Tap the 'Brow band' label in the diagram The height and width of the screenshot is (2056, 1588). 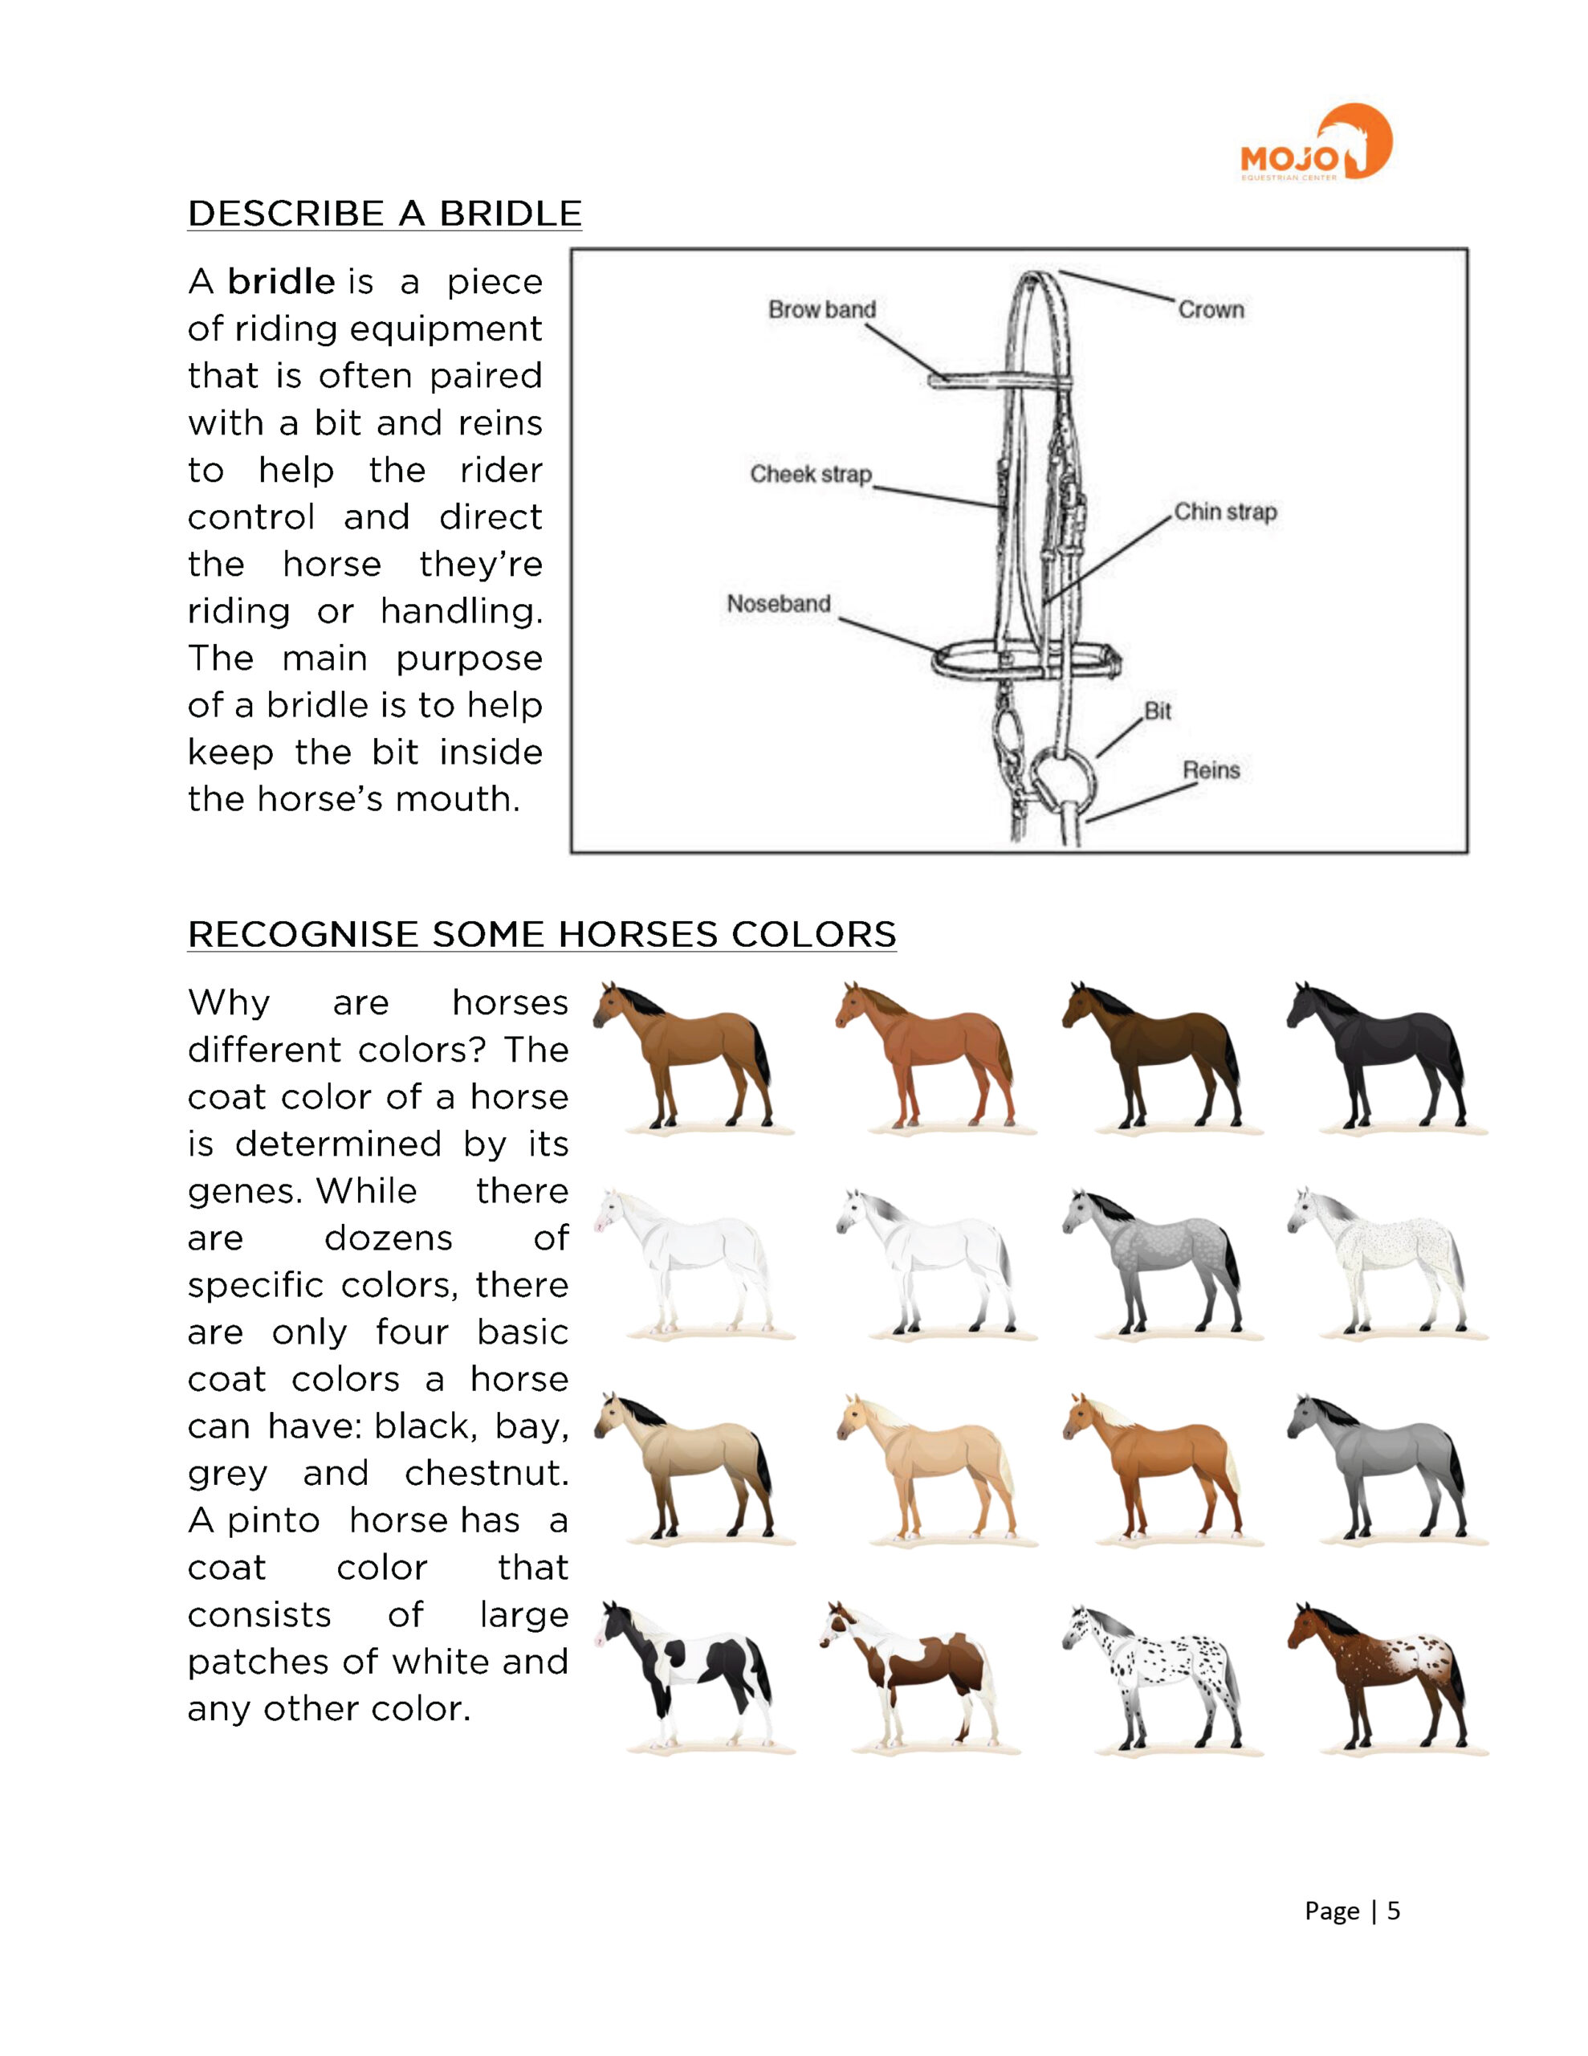[x=822, y=310]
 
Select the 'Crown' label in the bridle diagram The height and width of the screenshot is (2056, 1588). [x=1211, y=310]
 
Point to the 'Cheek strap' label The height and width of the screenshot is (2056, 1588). [x=811, y=474]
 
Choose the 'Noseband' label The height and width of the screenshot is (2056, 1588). [x=779, y=603]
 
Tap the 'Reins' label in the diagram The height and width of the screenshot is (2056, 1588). [x=1211, y=770]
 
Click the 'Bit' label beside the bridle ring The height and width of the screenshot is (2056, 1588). [x=1157, y=711]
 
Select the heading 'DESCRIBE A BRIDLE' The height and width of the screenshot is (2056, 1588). [x=384, y=214]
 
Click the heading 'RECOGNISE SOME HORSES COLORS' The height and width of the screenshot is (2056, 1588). [x=541, y=934]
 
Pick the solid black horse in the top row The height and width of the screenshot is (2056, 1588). [x=1376, y=1055]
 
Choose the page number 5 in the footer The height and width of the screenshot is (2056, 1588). [x=1393, y=1910]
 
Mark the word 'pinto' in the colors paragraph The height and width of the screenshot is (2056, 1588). [x=273, y=1520]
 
